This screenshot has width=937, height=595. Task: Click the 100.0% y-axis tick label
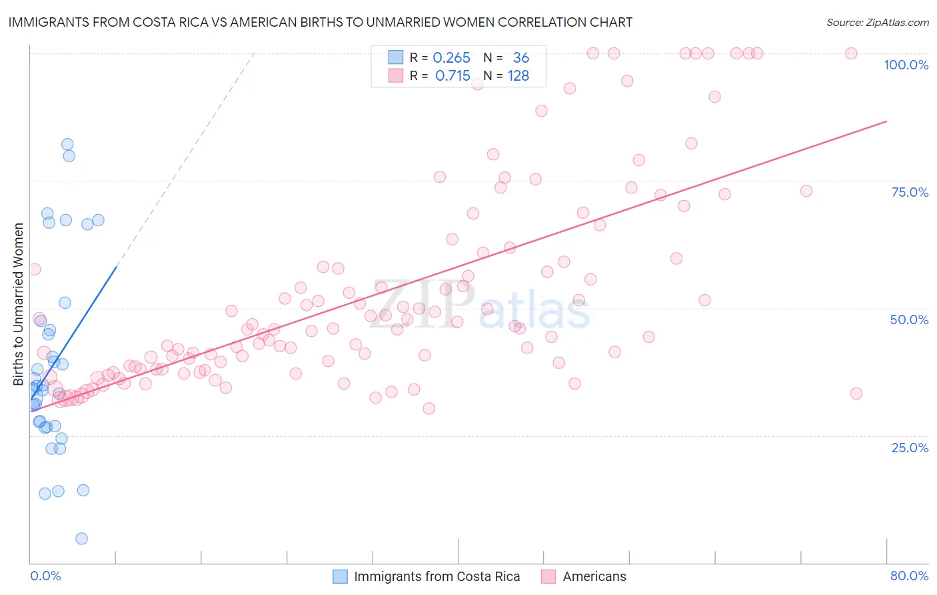pyautogui.click(x=906, y=65)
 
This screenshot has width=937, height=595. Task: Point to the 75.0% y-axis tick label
pyautogui.click(x=910, y=192)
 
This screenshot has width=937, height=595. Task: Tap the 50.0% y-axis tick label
pyautogui.click(x=909, y=320)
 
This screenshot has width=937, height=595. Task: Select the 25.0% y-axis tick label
pyautogui.click(x=910, y=448)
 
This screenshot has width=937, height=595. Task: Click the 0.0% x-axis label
pyautogui.click(x=45, y=576)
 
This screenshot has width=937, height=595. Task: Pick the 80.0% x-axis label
pyautogui.click(x=909, y=576)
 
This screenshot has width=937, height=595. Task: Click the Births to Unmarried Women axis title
pyautogui.click(x=18, y=304)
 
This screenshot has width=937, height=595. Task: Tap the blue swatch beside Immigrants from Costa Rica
pyautogui.click(x=340, y=576)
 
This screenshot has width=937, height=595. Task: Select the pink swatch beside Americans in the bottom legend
pyautogui.click(x=548, y=576)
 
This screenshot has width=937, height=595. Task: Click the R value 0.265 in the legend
pyautogui.click(x=451, y=58)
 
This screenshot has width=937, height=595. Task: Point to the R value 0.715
pyautogui.click(x=453, y=76)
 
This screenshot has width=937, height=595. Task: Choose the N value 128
pyautogui.click(x=518, y=76)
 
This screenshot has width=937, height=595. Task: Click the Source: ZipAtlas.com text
pyautogui.click(x=877, y=23)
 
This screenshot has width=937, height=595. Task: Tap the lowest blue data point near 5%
pyautogui.click(x=81, y=538)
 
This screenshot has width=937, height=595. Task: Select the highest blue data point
pyautogui.click(x=67, y=144)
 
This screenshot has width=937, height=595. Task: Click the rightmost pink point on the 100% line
pyautogui.click(x=851, y=53)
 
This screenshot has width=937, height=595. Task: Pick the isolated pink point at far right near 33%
pyautogui.click(x=856, y=394)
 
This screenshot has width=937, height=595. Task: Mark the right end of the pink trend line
pyautogui.click(x=886, y=121)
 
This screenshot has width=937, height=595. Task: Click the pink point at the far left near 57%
pyautogui.click(x=35, y=269)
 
